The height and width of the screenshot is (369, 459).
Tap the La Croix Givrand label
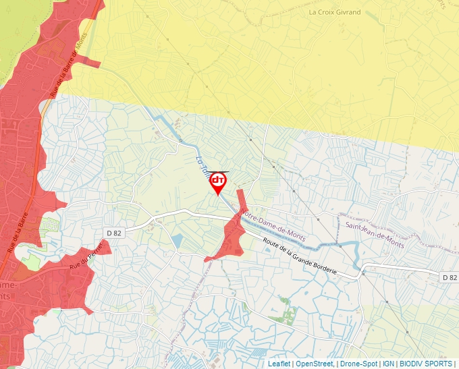(x=334, y=12)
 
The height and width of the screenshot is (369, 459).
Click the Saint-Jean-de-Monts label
(x=375, y=235)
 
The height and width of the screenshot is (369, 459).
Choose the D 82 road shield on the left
(x=113, y=233)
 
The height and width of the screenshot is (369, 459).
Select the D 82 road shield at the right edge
(x=450, y=277)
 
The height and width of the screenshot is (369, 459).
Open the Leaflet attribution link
(x=279, y=364)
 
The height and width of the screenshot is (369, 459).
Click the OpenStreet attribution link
(x=314, y=364)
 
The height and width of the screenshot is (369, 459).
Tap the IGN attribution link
(x=388, y=364)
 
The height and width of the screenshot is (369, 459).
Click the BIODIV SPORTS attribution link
(x=425, y=364)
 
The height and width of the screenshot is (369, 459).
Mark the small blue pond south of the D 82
(x=177, y=241)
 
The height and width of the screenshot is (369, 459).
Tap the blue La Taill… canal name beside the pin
(x=201, y=165)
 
